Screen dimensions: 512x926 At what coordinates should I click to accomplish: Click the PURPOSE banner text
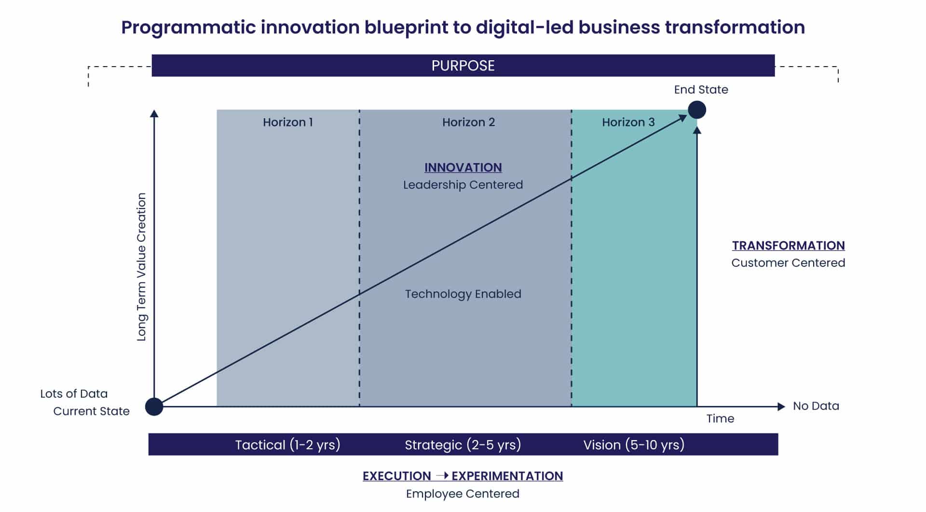point(463,66)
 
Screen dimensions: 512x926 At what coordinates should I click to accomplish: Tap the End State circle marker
point(696,110)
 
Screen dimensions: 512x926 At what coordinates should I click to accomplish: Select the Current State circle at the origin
point(154,406)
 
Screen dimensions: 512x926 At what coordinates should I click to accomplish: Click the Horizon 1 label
point(288,122)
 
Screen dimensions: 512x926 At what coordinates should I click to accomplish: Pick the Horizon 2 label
point(468,122)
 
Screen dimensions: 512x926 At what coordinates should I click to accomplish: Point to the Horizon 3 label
point(628,122)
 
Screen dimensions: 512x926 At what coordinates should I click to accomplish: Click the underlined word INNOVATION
point(463,167)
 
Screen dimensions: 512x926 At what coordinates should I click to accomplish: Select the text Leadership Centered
point(463,185)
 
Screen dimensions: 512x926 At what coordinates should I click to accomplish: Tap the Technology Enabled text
point(463,294)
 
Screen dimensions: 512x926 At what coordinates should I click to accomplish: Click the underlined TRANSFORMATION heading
point(788,246)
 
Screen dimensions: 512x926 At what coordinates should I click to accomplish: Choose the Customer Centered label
point(788,263)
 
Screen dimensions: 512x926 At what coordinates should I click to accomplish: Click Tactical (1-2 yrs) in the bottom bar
point(287,444)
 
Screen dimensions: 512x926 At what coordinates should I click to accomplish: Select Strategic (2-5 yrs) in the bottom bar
point(463,444)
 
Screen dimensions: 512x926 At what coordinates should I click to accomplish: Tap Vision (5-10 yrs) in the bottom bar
point(634,444)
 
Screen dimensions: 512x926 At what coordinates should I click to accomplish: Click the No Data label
point(816,406)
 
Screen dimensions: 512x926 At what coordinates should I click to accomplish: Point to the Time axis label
point(720,418)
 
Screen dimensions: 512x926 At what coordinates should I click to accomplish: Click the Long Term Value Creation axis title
point(141,267)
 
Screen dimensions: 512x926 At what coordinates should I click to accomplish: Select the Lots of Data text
point(74,393)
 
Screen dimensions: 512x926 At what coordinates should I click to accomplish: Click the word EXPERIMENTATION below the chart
point(507,476)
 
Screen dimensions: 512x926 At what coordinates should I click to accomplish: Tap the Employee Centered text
point(463,494)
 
